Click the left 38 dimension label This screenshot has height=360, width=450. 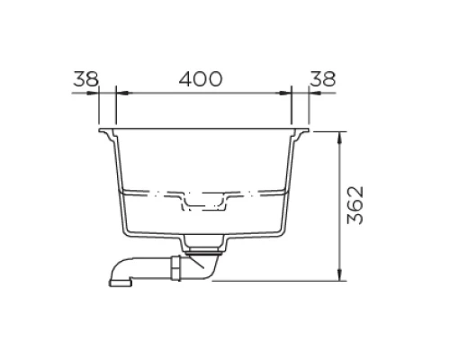point(85,78)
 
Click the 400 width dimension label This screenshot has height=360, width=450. point(200,78)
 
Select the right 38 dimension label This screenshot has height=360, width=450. point(321,78)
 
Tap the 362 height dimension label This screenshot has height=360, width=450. point(355,206)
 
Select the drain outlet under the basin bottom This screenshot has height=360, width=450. point(204,243)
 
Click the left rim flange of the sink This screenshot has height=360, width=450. point(108,136)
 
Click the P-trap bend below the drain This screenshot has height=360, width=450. point(206,270)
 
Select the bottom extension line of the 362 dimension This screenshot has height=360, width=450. point(279,280)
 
